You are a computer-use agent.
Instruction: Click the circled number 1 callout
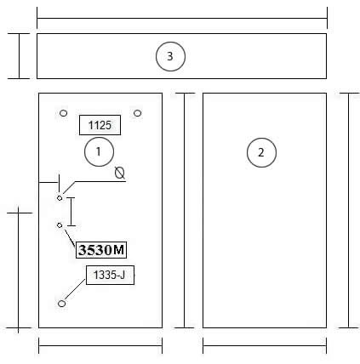point(99,151)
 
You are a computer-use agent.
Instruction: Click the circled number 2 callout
point(261,152)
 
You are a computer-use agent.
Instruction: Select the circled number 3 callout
point(170,56)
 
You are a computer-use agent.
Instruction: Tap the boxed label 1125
point(100,125)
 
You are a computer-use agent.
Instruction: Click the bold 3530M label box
point(101,250)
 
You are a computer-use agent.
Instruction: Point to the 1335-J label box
point(110,275)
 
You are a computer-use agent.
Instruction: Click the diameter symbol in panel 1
point(120,173)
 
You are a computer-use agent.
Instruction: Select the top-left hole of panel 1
point(64,113)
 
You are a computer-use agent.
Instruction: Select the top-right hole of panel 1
point(137,113)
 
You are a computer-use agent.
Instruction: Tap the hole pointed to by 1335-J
point(61,304)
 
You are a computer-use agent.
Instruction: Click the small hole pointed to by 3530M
point(60,225)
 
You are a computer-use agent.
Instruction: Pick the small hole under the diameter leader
point(60,198)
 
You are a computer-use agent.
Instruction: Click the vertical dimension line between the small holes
point(71,212)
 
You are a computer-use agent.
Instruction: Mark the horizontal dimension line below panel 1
point(100,345)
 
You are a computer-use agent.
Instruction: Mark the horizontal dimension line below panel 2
point(265,345)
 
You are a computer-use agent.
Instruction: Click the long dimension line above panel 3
point(182,19)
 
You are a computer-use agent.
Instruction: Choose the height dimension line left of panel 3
point(20,56)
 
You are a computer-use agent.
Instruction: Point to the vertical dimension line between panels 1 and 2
point(185,210)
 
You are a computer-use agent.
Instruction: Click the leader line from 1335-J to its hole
point(75,289)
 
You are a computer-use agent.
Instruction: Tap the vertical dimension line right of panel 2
point(349,210)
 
